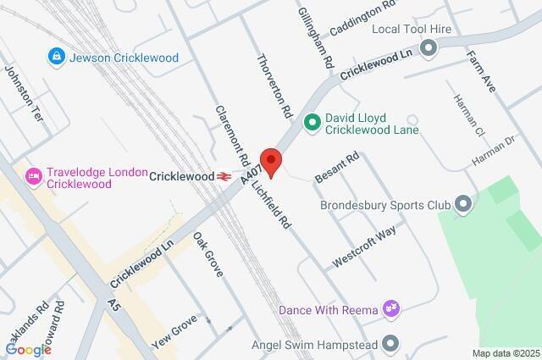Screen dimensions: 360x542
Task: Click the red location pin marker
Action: [x=270, y=159]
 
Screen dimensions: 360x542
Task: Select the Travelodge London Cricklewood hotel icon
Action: [x=35, y=176]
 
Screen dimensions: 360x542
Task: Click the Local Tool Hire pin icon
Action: [x=429, y=47]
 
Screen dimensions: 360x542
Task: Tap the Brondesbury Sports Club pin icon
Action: [x=462, y=204]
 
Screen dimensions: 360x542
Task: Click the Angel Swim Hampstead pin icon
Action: [x=390, y=344]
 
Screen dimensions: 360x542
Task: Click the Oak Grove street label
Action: [x=207, y=254]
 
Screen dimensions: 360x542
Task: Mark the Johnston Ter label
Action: [x=23, y=94]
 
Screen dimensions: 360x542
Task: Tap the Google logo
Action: [x=28, y=349]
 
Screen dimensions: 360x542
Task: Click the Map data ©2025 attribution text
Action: [x=505, y=353]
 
